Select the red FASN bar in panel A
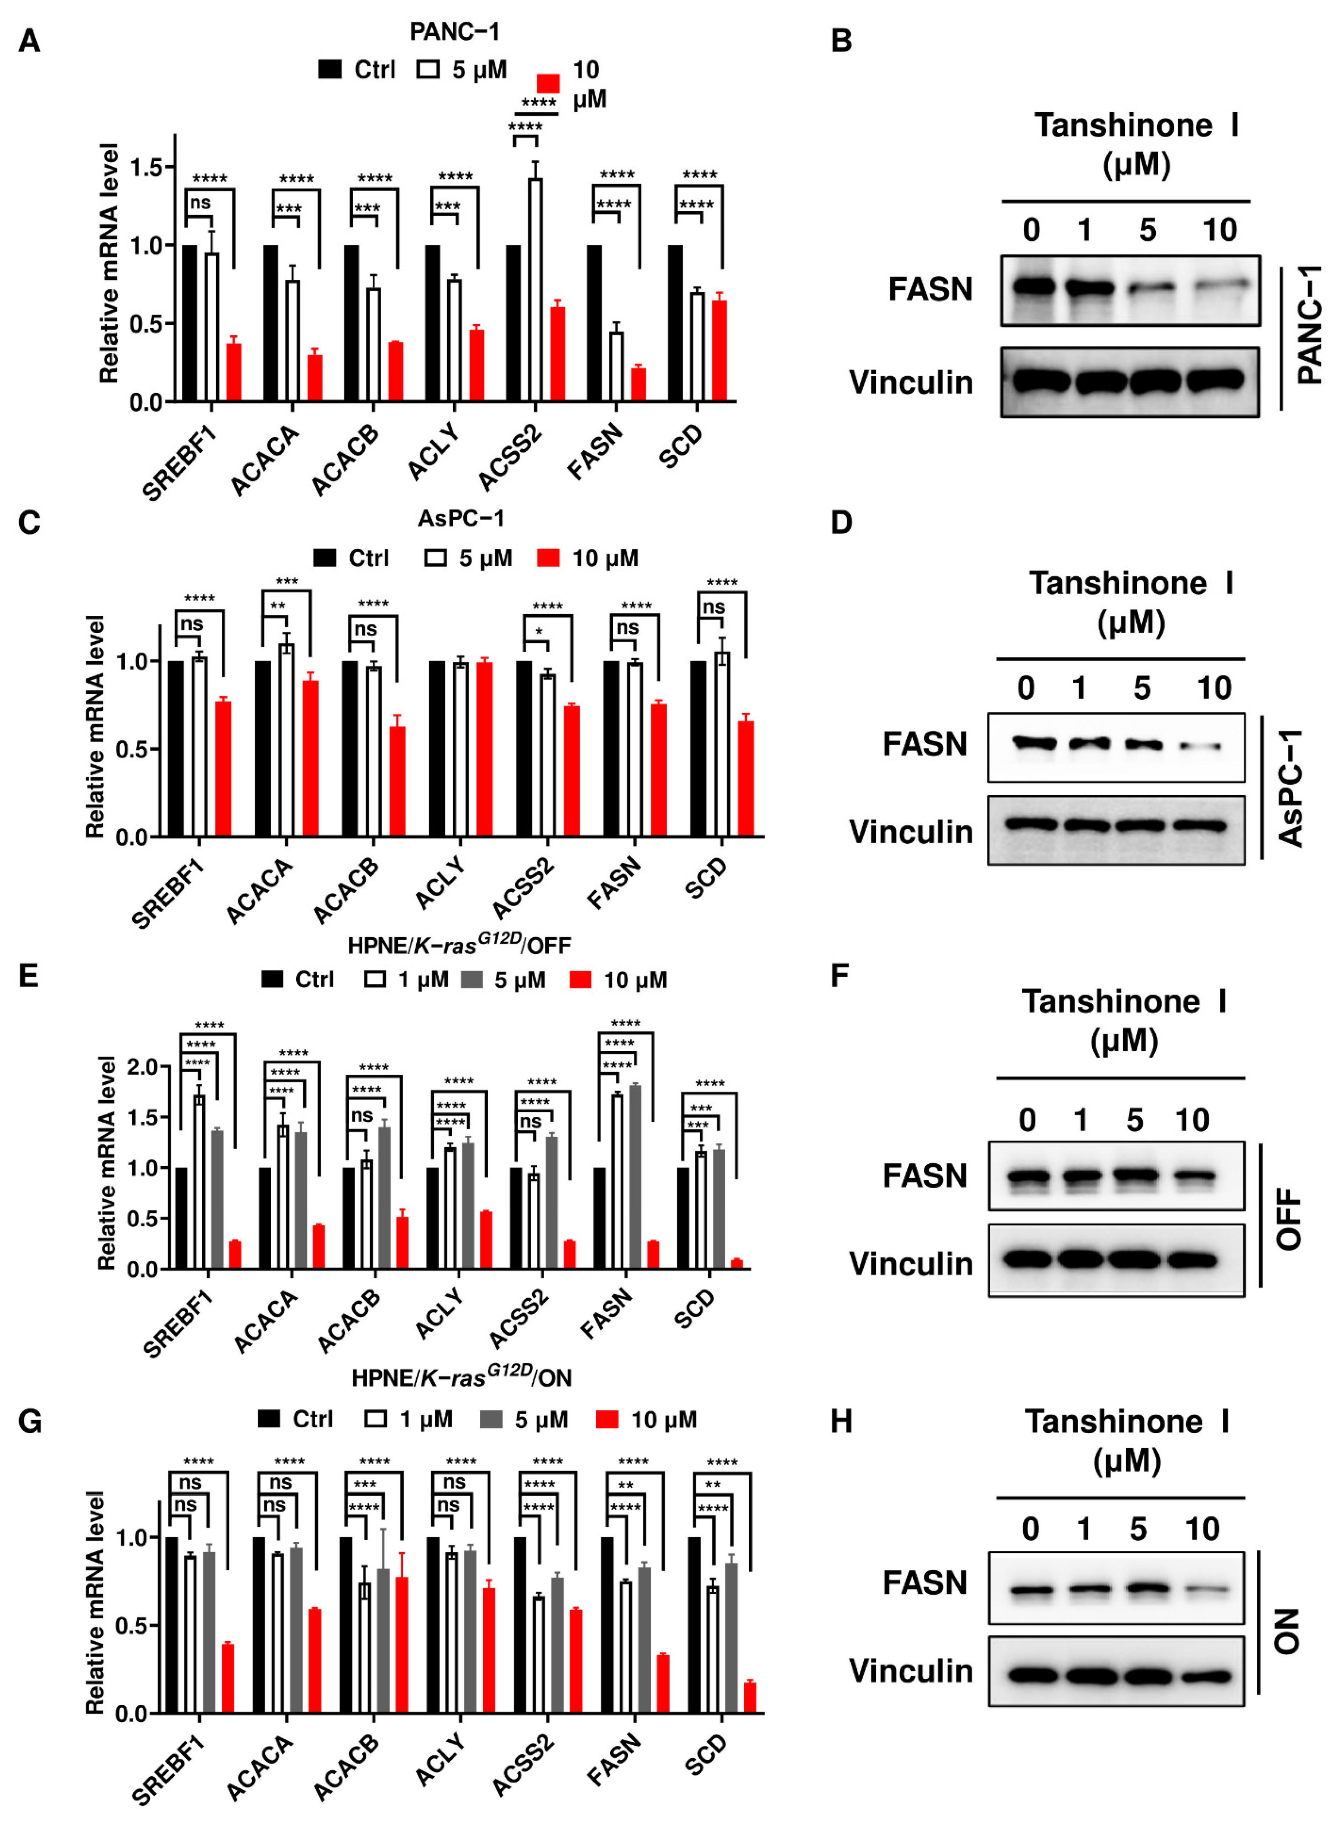tap(639, 385)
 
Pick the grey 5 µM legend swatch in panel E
tap(472, 980)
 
